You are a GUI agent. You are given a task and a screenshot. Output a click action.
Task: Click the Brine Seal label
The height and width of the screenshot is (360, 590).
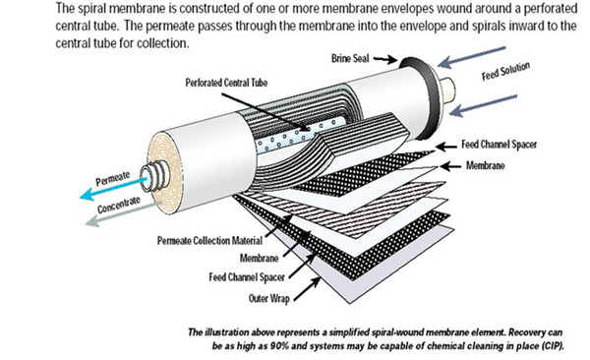[x=350, y=59]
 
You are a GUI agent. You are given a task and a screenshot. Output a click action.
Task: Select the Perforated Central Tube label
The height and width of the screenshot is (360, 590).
[x=226, y=83]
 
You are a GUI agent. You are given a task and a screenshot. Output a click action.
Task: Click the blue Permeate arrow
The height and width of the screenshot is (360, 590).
[x=114, y=188]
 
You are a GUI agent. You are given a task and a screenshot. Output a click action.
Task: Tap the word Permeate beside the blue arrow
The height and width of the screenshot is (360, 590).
[x=112, y=178]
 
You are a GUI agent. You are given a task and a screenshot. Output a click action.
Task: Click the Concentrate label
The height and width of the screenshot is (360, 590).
[x=119, y=205]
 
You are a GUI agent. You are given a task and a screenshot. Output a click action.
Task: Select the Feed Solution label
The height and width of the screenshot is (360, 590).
[x=505, y=71]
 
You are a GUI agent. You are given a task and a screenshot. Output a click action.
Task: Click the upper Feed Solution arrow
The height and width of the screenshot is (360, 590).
[x=472, y=57]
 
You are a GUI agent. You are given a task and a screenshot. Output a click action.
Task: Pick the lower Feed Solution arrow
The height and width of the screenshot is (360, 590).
[x=483, y=105]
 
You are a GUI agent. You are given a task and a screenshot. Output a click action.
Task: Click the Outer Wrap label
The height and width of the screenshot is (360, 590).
[x=269, y=299]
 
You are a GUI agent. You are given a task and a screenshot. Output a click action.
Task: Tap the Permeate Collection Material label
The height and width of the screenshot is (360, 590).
[x=209, y=241]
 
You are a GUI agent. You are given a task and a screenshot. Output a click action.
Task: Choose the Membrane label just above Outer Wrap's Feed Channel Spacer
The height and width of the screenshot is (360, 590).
[x=259, y=258]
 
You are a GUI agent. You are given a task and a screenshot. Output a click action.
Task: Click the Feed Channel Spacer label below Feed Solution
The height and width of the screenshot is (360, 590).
[x=499, y=145]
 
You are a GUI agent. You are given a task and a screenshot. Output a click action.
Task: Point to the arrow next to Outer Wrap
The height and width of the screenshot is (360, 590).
[x=307, y=289]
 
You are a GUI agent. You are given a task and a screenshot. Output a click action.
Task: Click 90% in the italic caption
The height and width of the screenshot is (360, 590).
[x=279, y=346]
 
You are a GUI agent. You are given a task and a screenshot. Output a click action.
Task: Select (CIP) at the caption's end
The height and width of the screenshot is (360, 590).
[x=553, y=346]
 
